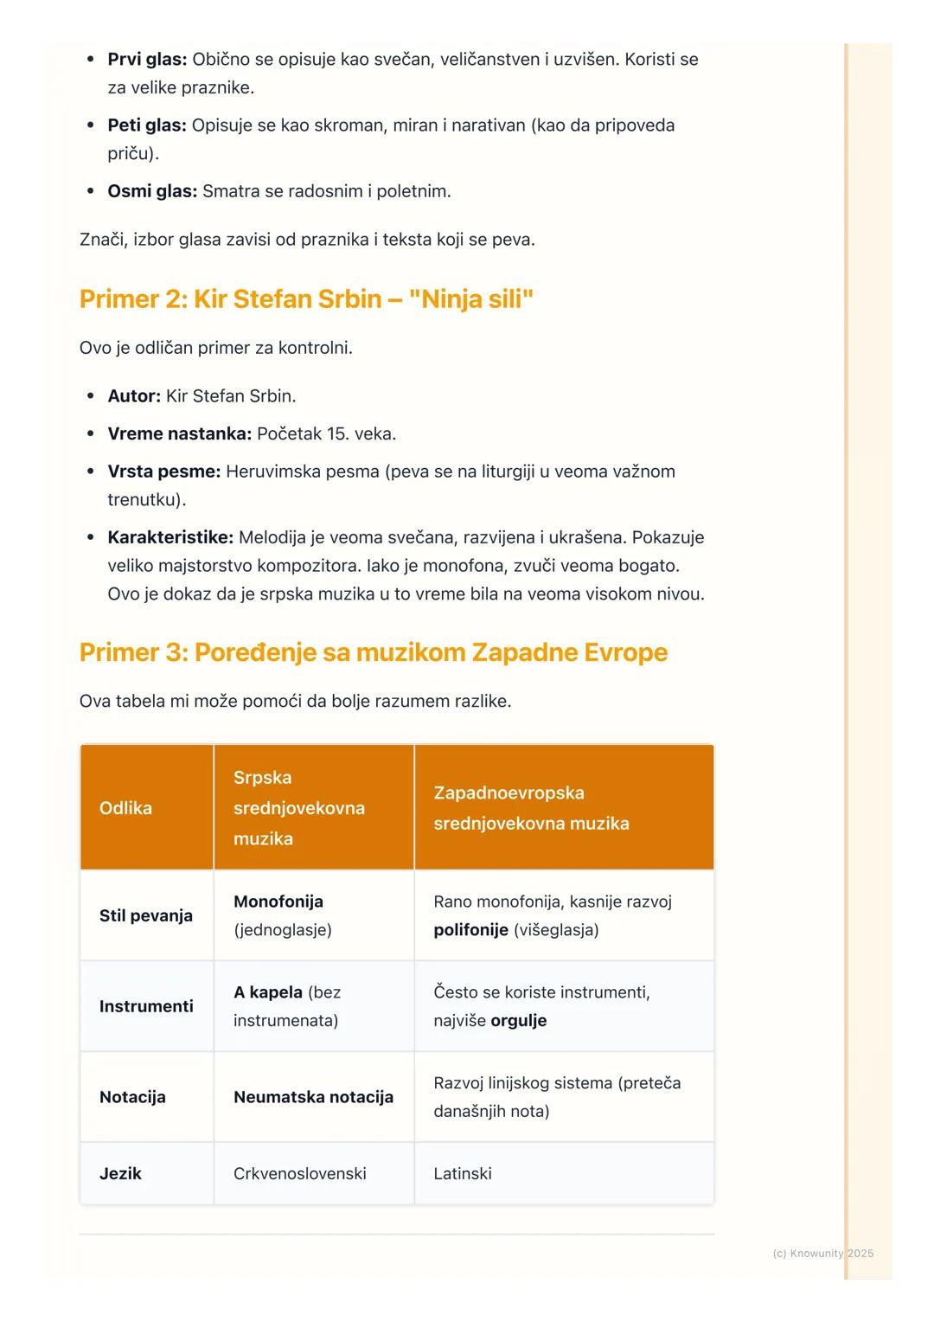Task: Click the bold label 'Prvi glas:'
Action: (147, 60)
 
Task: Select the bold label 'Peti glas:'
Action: (146, 125)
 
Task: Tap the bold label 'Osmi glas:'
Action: (152, 191)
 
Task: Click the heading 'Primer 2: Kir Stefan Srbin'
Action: (306, 299)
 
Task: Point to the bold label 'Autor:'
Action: (134, 396)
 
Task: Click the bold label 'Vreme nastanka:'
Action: (179, 433)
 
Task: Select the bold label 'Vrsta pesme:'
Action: (163, 472)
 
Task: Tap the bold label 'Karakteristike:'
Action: (170, 537)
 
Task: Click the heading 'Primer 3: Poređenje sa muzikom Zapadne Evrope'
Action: (373, 652)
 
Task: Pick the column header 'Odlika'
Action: (125, 808)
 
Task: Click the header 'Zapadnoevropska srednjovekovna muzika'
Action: (531, 808)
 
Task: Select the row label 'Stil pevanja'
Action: (146, 915)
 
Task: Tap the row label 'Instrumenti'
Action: (146, 1006)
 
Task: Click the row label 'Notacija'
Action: (132, 1097)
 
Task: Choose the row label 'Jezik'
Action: (120, 1174)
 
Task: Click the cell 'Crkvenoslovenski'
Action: (300, 1174)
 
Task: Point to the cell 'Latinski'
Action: (463, 1174)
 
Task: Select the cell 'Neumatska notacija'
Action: (313, 1097)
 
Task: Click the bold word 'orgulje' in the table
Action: (519, 1021)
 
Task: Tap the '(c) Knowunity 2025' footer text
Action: (822, 1254)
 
